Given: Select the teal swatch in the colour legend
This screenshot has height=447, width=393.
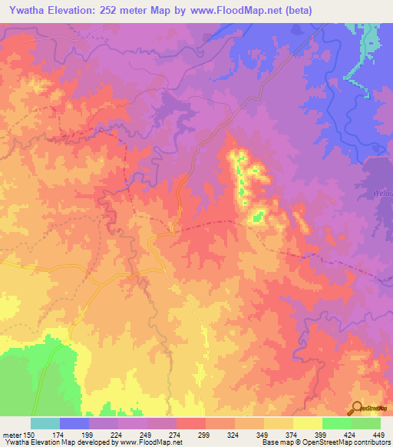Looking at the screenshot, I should pyautogui.click(x=45, y=424).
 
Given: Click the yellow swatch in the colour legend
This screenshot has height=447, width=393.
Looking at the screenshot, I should pyautogui.click(x=308, y=424).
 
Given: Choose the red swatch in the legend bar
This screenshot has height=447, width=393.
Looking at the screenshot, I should pyautogui.click(x=191, y=424).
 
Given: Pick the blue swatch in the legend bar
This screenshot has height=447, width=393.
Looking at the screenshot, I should pyautogui.click(x=74, y=424).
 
